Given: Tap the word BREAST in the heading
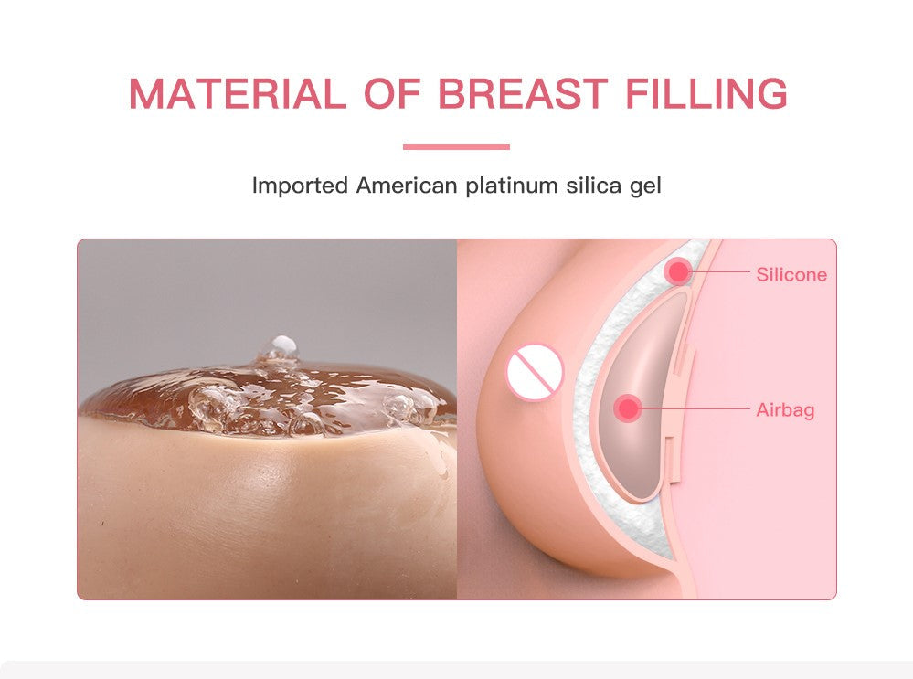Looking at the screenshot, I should tap(523, 94).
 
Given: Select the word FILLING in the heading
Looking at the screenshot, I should tap(706, 94).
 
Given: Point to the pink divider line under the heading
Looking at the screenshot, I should tap(456, 147).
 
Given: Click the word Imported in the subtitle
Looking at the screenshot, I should tap(300, 186).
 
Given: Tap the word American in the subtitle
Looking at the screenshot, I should tap(407, 186).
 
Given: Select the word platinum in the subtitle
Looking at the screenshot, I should tap(512, 186).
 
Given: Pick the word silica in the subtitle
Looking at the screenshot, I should tap(591, 186).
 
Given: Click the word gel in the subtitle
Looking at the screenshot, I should tap(644, 187).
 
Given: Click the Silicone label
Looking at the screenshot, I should tap(791, 274).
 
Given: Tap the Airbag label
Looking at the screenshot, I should tap(785, 410).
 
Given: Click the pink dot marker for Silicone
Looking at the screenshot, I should tap(677, 271).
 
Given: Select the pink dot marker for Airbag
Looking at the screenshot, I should tap(628, 408).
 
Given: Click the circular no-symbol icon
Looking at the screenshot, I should tap(535, 372).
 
